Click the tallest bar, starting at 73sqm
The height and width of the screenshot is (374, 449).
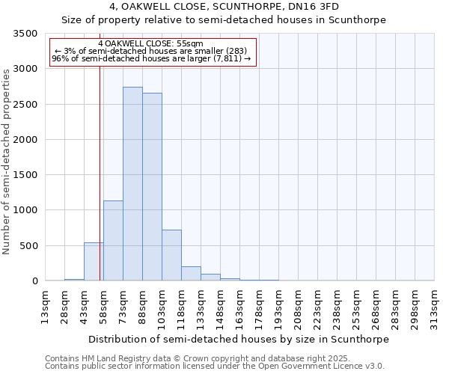132,184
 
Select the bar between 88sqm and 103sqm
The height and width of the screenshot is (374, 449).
152,187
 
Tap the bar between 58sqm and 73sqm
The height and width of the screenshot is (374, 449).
113,241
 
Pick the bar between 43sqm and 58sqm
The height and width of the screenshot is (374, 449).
94,262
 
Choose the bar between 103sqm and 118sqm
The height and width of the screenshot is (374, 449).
171,255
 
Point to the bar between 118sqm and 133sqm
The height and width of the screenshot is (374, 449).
191,274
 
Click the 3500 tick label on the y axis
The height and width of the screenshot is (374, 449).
25,34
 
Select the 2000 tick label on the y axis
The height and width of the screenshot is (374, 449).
25,140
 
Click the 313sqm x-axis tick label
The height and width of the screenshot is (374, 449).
435,310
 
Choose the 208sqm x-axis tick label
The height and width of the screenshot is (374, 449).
299,310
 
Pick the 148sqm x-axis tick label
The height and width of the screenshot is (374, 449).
221,310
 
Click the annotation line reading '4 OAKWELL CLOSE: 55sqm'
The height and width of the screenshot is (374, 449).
150,44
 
